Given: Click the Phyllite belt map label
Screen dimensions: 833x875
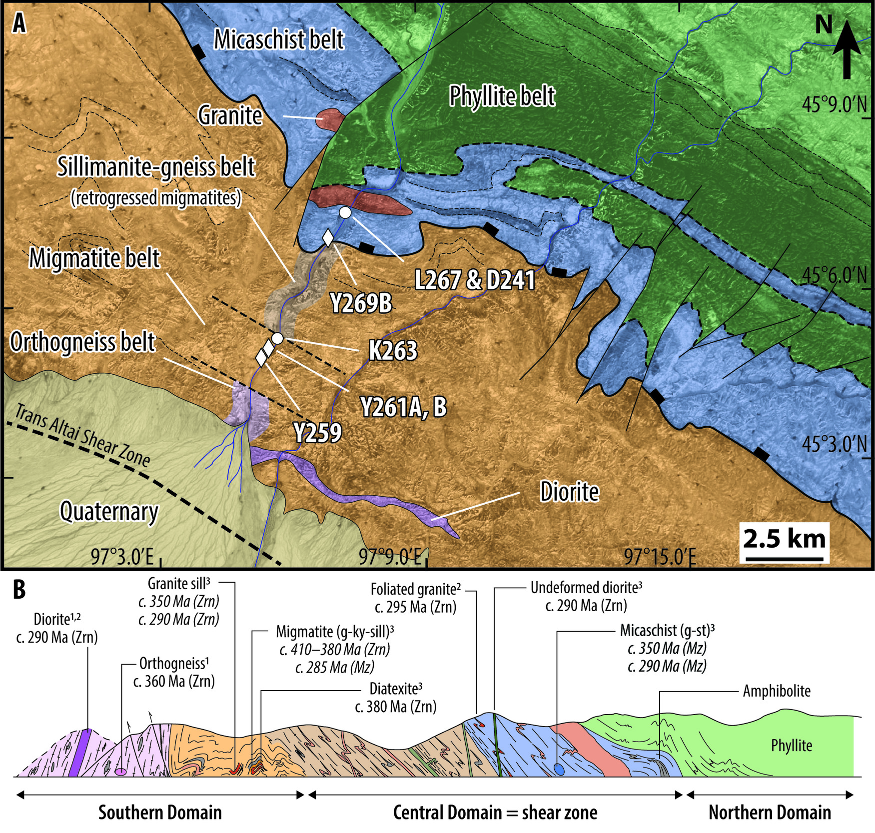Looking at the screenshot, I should pos(502,96).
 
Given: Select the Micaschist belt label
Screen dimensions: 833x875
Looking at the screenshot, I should pos(279,39).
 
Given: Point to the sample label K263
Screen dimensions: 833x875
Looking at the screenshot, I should pos(393,351).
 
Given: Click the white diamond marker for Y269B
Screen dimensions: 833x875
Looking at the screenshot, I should pos(328,237).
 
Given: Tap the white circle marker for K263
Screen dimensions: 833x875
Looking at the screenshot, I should pos(278,338).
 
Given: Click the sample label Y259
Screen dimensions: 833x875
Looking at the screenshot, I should pos(318,432).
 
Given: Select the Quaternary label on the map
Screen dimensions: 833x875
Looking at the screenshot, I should pos(109,512).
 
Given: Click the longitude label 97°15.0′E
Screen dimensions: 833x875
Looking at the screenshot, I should pos(660,557).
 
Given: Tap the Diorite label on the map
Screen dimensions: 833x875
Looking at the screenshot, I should pos(569,492).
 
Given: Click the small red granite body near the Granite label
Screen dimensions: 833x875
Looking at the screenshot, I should pos(330,119).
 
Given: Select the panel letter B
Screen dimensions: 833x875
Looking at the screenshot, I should pos(19,590).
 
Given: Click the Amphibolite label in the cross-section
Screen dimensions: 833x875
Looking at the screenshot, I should pos(777,691).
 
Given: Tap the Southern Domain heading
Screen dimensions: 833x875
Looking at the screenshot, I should pos(160,813).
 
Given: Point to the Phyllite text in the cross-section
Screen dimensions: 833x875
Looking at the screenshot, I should pos(791,746).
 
